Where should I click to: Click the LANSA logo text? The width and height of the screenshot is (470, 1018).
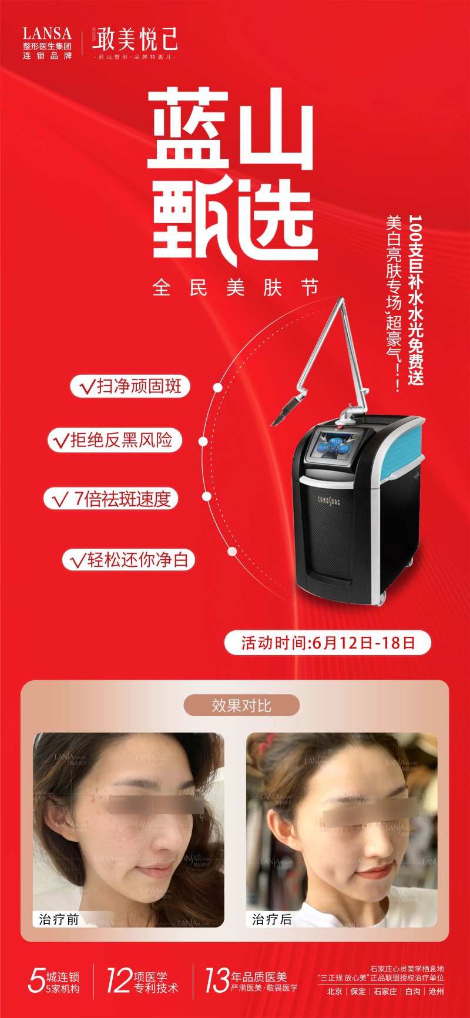47,33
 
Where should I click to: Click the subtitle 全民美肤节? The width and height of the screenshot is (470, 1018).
235,288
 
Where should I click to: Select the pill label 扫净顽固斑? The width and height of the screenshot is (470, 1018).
130,387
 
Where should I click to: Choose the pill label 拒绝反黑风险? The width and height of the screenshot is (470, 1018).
115,440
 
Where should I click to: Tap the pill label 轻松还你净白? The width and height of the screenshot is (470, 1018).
129,559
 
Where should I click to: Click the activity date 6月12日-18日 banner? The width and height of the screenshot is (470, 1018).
328,643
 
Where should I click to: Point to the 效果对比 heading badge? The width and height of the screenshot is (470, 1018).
241,705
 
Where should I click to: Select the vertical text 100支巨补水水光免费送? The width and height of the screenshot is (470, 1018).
416,300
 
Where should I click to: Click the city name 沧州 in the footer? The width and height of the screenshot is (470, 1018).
436,991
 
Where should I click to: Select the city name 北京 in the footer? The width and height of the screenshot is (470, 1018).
335,991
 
